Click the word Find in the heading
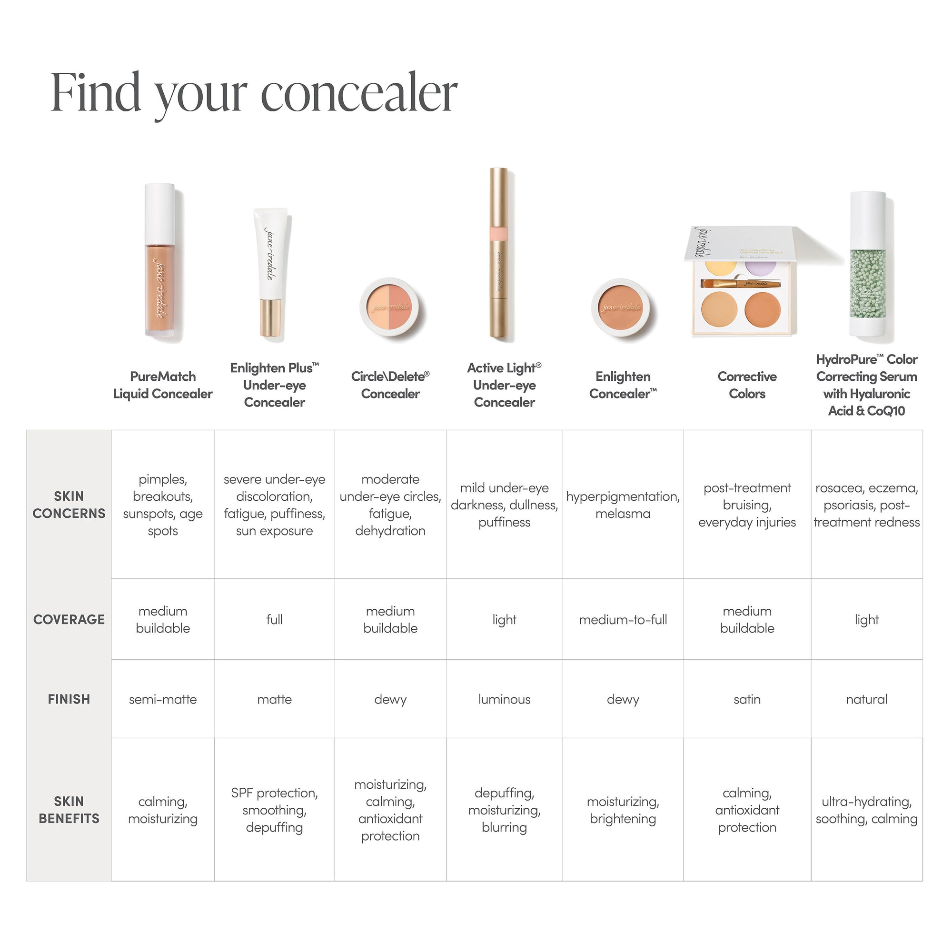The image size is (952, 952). point(96,93)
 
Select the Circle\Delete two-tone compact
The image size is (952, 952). point(390,307)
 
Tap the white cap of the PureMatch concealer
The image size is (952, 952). point(159,212)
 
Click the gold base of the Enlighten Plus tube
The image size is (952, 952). point(270,317)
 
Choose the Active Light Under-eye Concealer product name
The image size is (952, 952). point(504,385)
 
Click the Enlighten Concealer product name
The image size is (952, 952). point(623,385)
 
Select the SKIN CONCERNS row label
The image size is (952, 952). point(69,505)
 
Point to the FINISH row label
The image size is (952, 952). point(69,699)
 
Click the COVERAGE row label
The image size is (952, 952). point(69,619)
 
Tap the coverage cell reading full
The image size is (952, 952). point(275,619)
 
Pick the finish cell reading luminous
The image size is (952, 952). point(504,699)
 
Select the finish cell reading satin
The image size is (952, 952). point(747,699)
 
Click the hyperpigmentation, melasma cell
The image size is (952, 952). point(623,505)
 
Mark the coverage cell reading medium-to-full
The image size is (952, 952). point(623,619)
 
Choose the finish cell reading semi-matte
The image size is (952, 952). point(163,699)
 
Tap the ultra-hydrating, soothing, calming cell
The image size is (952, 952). point(866,810)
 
